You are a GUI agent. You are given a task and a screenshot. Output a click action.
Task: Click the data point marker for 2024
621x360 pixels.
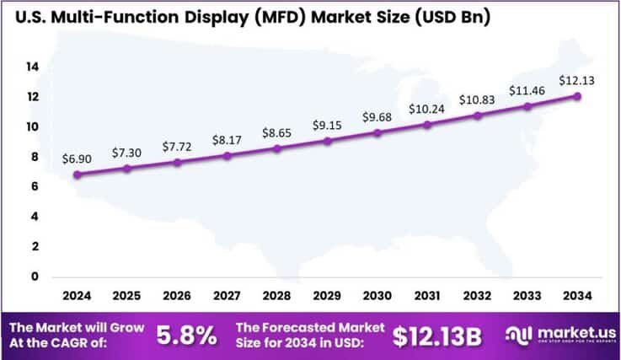click(78, 175)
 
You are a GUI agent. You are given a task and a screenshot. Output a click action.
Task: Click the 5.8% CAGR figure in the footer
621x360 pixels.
click(187, 335)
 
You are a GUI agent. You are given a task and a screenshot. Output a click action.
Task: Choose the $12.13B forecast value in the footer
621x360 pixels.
click(437, 335)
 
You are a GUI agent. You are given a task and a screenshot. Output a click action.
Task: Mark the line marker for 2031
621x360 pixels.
click(426, 125)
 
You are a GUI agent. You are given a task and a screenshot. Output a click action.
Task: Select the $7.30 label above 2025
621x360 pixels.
click(127, 153)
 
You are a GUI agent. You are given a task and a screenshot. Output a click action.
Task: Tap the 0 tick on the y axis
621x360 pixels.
click(34, 277)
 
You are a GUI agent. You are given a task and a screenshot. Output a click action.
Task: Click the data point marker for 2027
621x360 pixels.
click(227, 155)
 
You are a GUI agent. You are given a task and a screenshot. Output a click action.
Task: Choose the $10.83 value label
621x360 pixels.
click(476, 99)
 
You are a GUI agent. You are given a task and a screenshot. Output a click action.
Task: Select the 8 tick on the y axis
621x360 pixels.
click(34, 157)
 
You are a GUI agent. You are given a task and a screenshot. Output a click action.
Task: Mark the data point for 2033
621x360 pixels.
click(526, 106)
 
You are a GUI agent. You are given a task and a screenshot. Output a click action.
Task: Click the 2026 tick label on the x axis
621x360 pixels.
click(177, 296)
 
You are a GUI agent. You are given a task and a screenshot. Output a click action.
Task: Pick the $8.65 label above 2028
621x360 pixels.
click(276, 134)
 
